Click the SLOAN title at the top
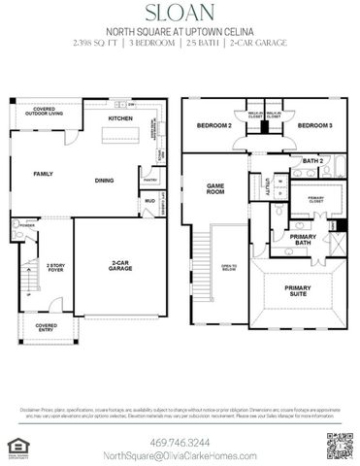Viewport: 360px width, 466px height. (x=180, y=12)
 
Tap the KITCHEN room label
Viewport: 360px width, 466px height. (x=120, y=117)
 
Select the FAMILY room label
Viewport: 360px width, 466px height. (x=44, y=174)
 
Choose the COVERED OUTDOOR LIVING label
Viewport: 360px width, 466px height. (x=46, y=111)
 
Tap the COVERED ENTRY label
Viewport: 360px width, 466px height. (x=47, y=327)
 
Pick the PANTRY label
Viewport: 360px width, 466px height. (x=150, y=180)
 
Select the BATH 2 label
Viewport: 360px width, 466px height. (x=311, y=161)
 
